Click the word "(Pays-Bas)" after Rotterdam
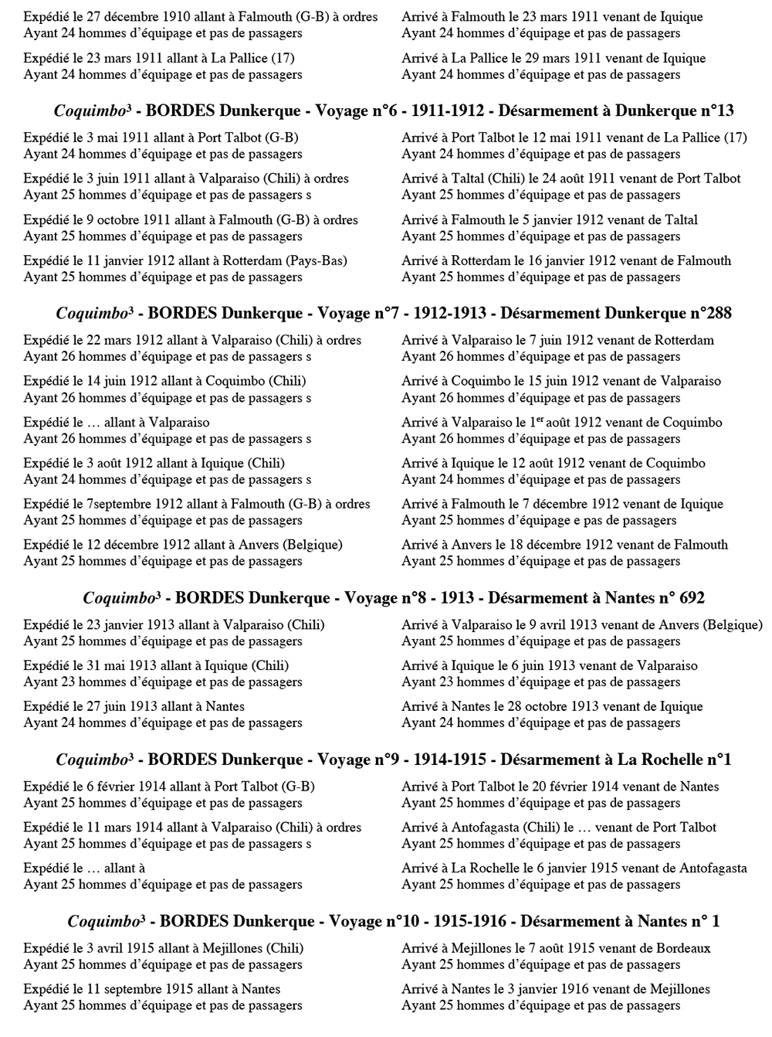pyautogui.click(x=317, y=261)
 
